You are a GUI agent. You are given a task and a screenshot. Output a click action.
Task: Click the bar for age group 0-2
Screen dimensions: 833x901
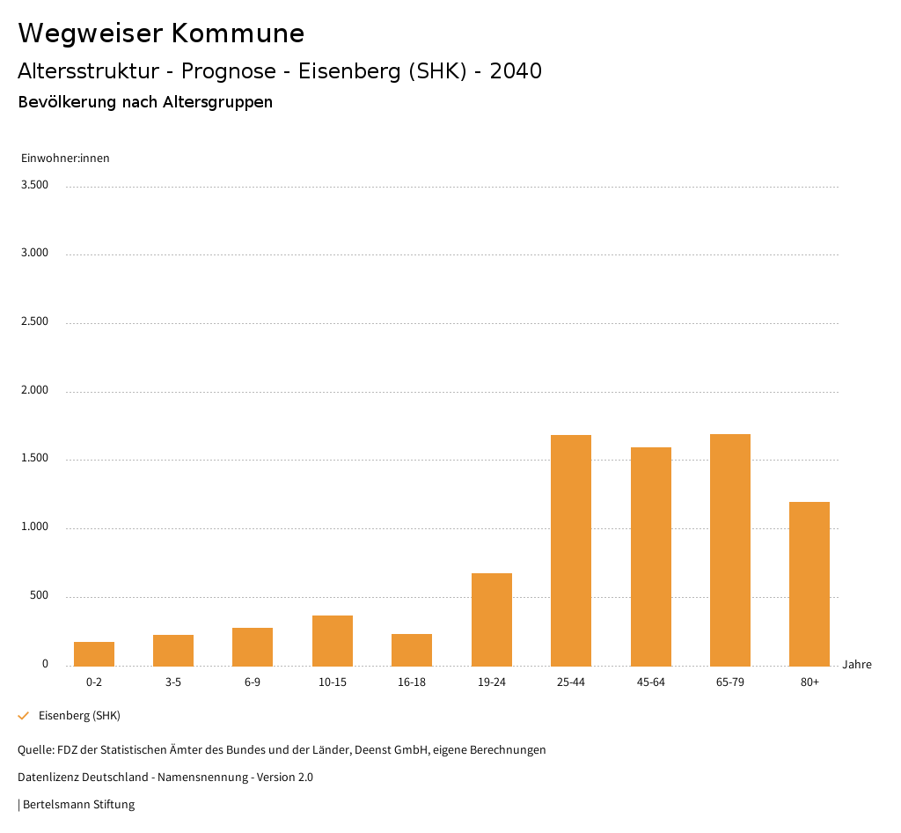(94, 653)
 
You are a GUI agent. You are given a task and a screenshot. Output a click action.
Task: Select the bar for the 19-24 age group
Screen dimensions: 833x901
(492, 619)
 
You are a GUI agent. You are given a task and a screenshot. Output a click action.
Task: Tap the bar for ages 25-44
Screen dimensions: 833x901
(571, 550)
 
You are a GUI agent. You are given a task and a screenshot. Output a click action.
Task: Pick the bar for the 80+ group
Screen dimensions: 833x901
(809, 584)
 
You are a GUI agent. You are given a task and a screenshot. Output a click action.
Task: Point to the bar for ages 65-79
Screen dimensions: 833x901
(730, 549)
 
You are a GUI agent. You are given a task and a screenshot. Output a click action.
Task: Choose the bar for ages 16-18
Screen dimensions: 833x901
(412, 650)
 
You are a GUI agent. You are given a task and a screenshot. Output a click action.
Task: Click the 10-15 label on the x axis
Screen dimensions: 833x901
(333, 682)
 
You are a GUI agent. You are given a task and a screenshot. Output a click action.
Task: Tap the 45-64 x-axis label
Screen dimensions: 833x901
(651, 682)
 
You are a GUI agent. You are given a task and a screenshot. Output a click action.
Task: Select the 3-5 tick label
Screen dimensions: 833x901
(173, 682)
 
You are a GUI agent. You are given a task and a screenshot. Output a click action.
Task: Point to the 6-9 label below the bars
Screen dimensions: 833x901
(253, 682)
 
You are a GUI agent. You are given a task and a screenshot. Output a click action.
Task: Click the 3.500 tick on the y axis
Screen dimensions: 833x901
(34, 185)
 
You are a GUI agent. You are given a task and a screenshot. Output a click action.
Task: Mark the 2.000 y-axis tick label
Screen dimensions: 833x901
(34, 390)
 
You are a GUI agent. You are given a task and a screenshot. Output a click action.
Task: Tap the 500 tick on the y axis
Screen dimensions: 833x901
(39, 596)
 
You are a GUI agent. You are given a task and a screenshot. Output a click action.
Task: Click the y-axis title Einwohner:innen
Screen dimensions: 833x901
(65, 158)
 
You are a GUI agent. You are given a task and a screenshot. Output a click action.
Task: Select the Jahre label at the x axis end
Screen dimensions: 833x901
(857, 665)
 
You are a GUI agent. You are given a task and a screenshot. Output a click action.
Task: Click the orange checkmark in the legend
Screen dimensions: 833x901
(24, 716)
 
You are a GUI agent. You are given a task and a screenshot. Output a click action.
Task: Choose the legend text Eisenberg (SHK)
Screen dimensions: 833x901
(79, 716)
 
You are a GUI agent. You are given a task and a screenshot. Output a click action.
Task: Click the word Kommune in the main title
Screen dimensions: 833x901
(238, 33)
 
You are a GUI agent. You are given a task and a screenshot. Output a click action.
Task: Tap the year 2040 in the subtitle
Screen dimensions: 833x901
(516, 71)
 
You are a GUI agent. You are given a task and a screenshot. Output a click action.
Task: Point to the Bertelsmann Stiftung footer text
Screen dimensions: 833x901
(78, 805)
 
